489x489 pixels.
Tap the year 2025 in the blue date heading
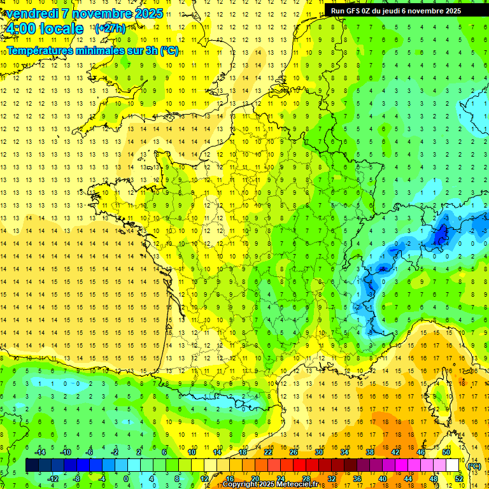(146, 13)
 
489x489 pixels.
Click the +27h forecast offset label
(110, 29)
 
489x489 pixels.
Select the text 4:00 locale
(43, 29)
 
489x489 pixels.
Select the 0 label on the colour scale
(125, 479)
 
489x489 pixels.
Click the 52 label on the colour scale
(458, 479)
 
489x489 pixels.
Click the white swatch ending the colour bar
(452, 465)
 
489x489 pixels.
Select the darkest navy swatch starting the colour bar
(32, 465)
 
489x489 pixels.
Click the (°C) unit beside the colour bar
(473, 466)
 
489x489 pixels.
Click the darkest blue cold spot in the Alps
(439, 236)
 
